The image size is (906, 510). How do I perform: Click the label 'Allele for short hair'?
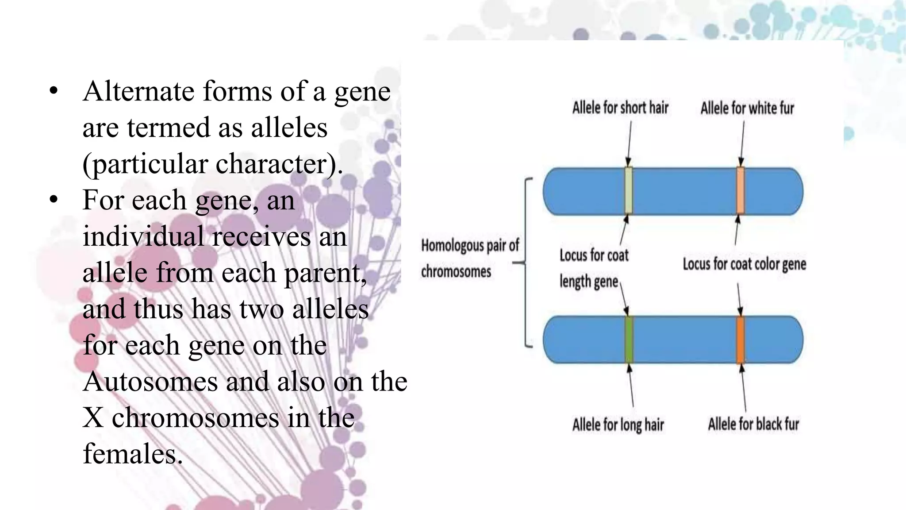point(620,108)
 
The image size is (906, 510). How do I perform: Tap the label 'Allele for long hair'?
point(618,425)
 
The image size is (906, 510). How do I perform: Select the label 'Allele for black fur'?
point(753,424)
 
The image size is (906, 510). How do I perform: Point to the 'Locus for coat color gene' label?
point(744,264)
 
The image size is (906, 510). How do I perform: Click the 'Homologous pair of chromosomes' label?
point(469,258)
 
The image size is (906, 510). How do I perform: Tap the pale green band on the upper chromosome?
point(628,191)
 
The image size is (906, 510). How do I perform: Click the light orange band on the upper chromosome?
point(740,191)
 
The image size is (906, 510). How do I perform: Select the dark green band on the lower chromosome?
point(629,340)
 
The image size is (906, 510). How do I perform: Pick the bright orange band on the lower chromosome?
point(740,340)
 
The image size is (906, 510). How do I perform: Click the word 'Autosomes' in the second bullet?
point(150,382)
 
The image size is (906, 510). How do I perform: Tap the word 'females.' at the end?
point(133,454)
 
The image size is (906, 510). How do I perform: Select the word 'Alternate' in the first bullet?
point(138,92)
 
